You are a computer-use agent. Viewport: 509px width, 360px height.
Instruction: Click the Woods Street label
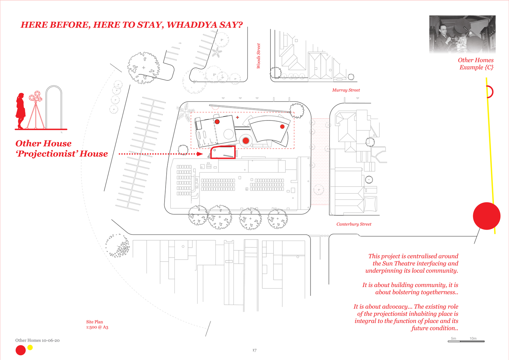click(259, 56)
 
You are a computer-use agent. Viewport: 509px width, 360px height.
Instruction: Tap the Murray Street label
click(346, 90)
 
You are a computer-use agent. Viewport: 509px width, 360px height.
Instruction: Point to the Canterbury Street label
click(354, 224)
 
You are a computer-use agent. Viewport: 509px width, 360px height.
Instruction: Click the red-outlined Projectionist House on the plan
click(223, 152)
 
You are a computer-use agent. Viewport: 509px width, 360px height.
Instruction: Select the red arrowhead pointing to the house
click(200, 154)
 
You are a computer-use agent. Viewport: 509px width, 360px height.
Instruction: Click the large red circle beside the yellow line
click(487, 216)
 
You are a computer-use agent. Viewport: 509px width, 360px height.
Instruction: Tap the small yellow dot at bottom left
click(30, 347)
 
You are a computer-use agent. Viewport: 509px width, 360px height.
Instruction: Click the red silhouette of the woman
click(21, 111)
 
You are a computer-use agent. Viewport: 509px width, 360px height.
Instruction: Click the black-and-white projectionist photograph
click(462, 34)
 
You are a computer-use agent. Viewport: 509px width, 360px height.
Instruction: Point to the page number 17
click(254, 350)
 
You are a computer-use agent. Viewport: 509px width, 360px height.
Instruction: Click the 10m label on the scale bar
click(473, 338)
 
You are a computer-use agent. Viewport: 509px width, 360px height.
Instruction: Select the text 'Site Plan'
click(94, 322)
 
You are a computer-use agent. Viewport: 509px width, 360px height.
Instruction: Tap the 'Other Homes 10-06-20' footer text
click(37, 340)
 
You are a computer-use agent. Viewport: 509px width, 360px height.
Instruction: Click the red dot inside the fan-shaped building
click(282, 127)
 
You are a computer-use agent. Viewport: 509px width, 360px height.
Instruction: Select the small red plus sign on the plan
click(238, 117)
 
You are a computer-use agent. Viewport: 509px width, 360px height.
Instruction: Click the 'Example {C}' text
click(476, 67)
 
